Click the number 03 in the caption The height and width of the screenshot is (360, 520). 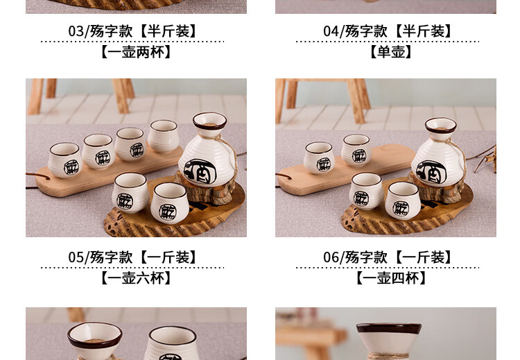tap(76, 31)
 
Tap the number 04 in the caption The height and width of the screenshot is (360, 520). tap(331, 31)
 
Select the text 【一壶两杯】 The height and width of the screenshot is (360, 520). tap(136, 52)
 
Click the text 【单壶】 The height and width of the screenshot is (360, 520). tap(390, 52)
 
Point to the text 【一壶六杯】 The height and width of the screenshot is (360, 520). tap(136, 278)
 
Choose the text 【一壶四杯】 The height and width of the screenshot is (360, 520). tap(390, 278)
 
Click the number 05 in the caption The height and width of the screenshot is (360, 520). tap(76, 257)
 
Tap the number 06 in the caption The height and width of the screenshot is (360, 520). tap(331, 257)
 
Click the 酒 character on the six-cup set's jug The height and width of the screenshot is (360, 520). tap(200, 171)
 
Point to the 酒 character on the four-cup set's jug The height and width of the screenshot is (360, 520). tap(431, 172)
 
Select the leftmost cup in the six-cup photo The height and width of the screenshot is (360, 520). tap(64, 160)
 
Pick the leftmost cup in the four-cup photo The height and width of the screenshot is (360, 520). tap(319, 157)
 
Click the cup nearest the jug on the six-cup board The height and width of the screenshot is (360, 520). tap(163, 136)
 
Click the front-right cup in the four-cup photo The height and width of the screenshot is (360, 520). tap(403, 200)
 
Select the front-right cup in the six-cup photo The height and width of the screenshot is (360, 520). tap(169, 203)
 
